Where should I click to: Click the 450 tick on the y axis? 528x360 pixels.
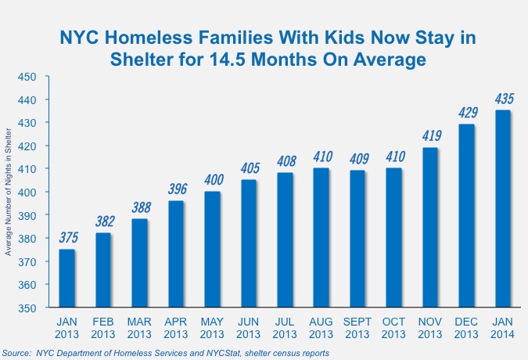[28, 77]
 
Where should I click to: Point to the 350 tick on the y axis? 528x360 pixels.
[28, 308]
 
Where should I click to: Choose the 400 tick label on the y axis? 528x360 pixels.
[28, 193]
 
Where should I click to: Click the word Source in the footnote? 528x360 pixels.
[20, 353]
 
